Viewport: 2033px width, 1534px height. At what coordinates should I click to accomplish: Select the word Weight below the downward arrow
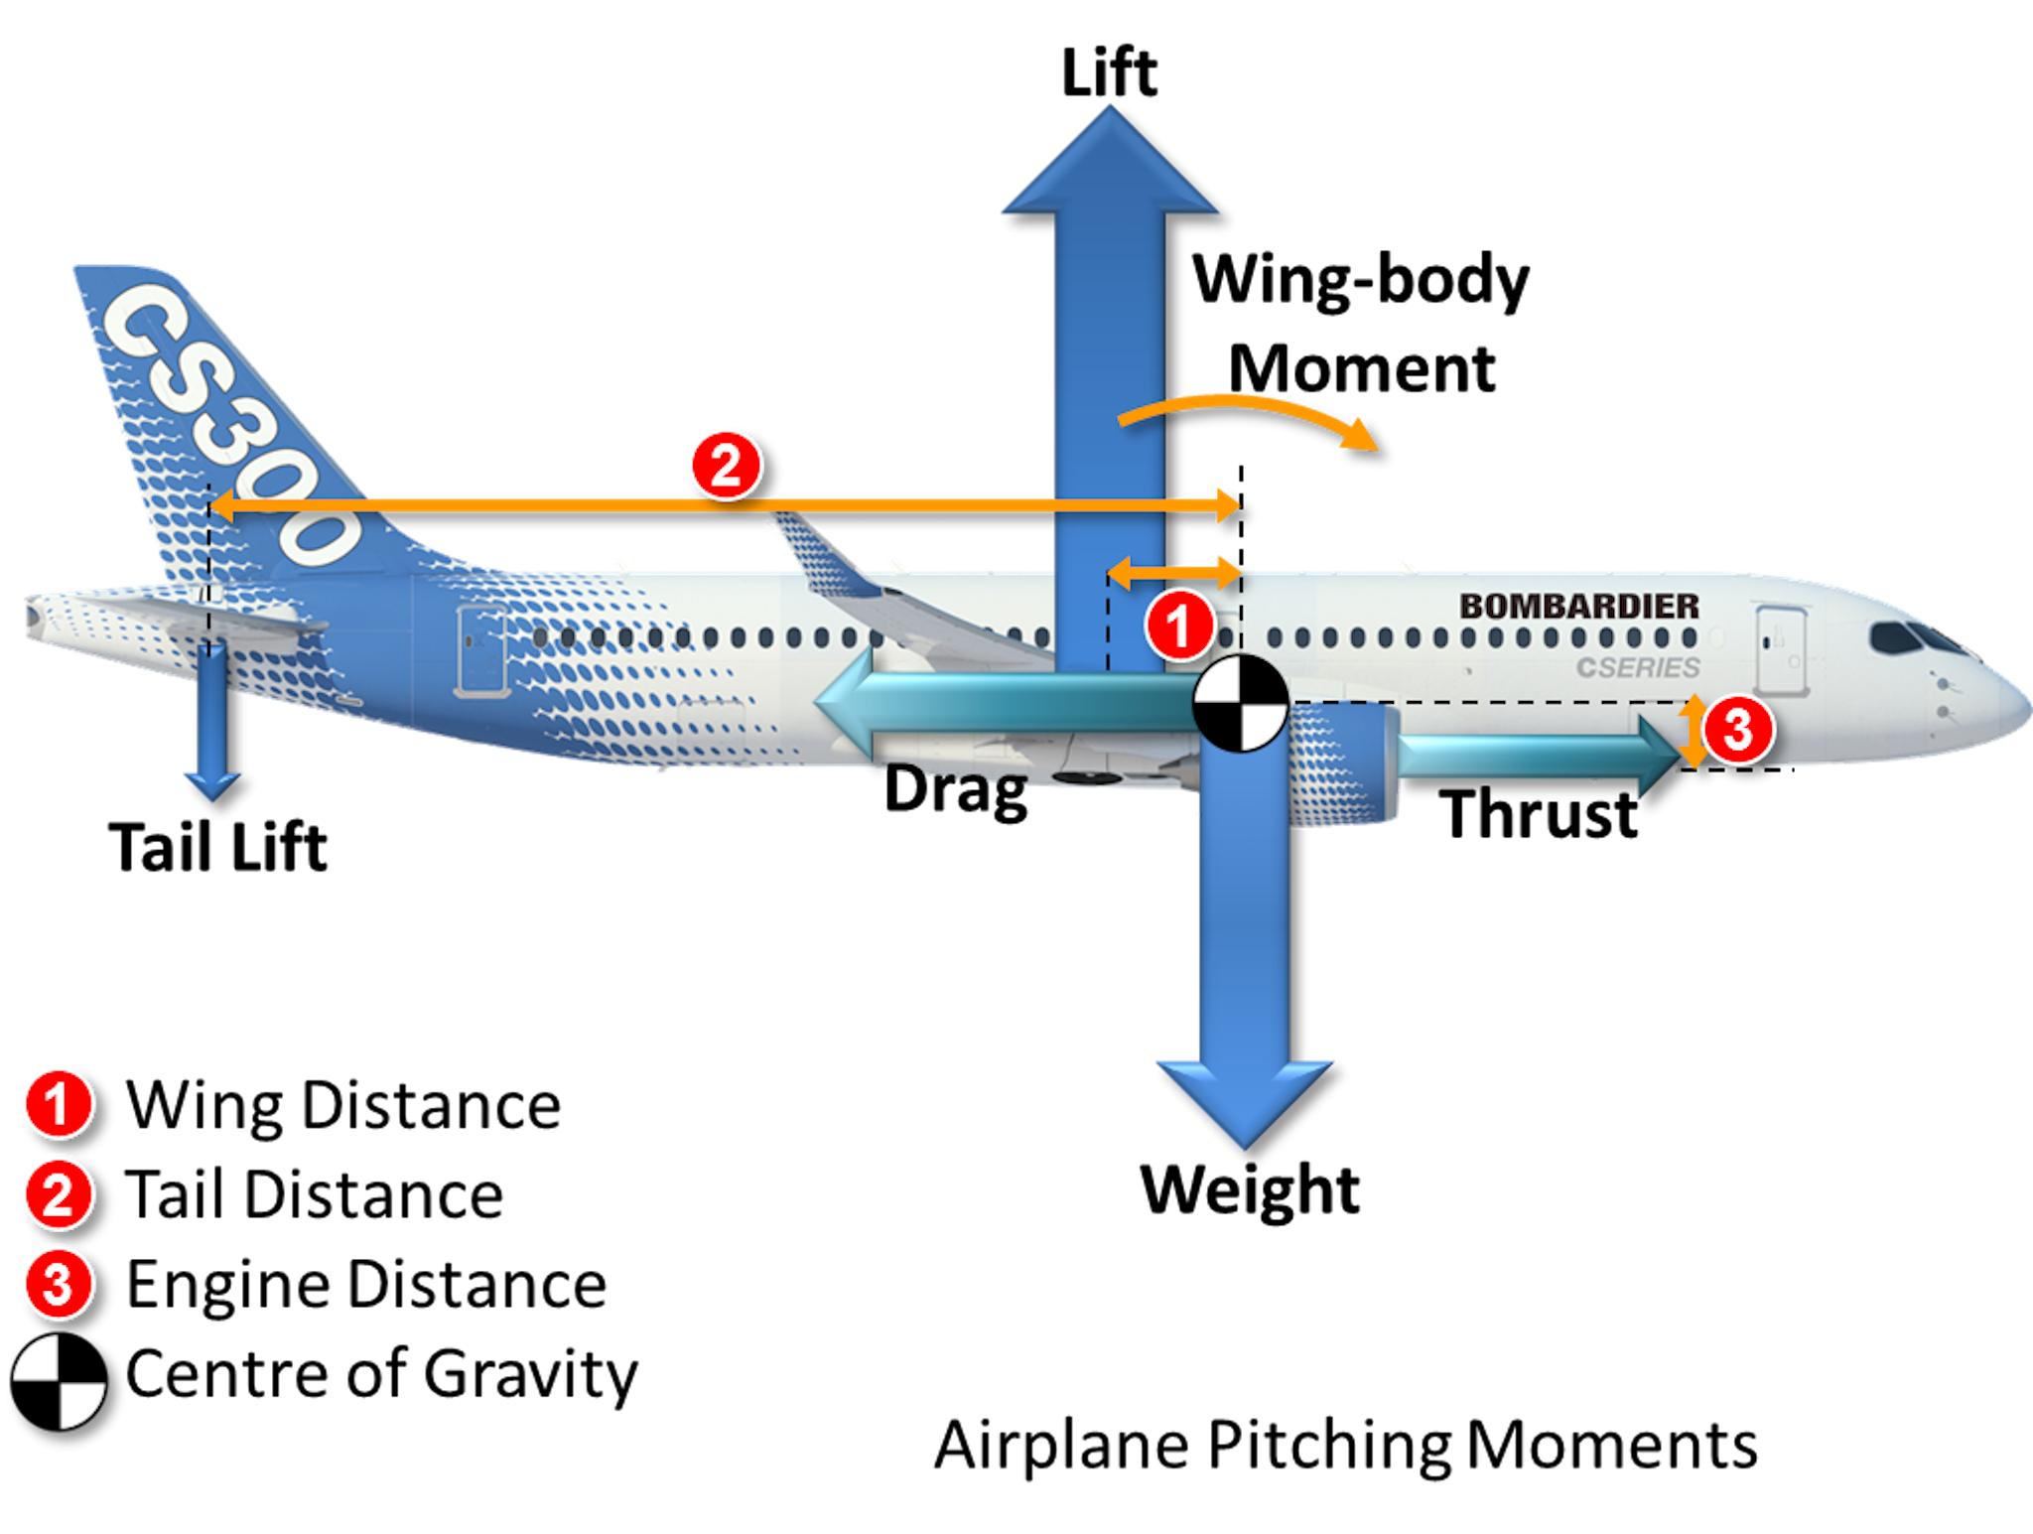[x=1250, y=1188]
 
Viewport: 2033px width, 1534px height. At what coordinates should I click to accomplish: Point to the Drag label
[x=955, y=789]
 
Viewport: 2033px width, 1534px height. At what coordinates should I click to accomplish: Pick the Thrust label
[x=1540, y=814]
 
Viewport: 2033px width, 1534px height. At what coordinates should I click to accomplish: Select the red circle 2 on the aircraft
[x=727, y=465]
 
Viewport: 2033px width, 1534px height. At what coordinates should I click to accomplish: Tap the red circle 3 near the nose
[x=1737, y=730]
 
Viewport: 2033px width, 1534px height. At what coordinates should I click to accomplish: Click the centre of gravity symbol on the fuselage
[x=1240, y=703]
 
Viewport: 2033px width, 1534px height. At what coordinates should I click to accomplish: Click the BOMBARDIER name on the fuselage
[x=1579, y=606]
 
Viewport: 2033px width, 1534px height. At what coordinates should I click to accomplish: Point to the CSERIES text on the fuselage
[x=1638, y=667]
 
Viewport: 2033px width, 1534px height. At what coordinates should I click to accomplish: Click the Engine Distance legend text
[x=366, y=1284]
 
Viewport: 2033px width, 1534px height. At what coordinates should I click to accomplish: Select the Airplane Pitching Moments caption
[x=1345, y=1446]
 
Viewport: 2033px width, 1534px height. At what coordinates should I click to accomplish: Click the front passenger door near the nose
[x=1779, y=649]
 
